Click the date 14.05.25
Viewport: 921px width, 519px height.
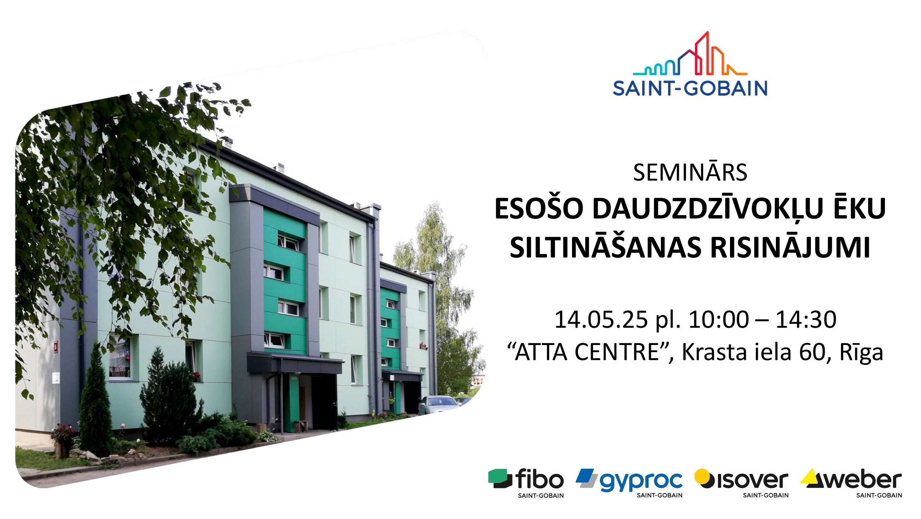click(601, 319)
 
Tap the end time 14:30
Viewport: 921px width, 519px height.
click(806, 319)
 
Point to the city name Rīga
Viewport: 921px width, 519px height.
click(861, 353)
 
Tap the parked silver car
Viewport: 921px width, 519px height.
click(438, 405)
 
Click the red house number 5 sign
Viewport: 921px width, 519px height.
click(56, 347)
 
